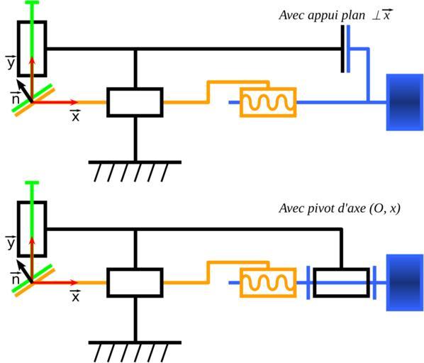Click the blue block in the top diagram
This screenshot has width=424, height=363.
[x=405, y=102]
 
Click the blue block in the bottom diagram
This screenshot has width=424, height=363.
[x=405, y=283]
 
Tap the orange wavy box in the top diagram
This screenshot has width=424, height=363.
[x=268, y=102]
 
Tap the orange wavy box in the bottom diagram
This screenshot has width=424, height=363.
[x=268, y=283]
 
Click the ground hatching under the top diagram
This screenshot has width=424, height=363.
[x=135, y=171]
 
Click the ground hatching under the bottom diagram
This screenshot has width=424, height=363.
[x=135, y=352]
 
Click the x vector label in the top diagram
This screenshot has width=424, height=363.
[x=75, y=116]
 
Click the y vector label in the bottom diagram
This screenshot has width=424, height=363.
[x=11, y=242]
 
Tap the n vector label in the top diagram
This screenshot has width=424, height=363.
[x=16, y=98]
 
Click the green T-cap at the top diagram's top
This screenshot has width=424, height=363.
[x=32, y=2]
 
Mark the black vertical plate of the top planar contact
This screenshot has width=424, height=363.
[x=342, y=49]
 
